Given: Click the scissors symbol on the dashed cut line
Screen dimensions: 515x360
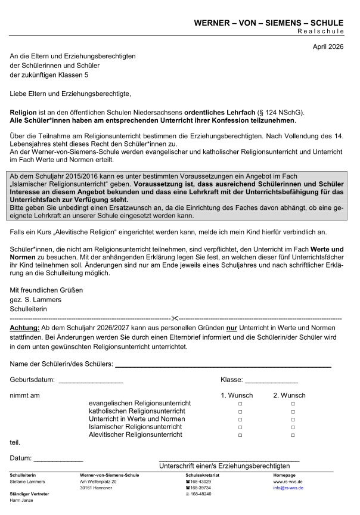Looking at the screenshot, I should click(175, 319).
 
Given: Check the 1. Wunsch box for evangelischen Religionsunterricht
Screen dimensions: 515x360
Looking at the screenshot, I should click(240, 404).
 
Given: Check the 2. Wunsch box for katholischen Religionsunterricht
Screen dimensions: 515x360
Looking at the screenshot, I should click(293, 412).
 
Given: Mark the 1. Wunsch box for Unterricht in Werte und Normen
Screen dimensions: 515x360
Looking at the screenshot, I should click(240, 420).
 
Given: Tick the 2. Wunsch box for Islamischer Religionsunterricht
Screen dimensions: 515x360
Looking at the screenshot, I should click(293, 427).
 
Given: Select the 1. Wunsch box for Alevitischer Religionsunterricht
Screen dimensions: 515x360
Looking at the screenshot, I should click(240, 436).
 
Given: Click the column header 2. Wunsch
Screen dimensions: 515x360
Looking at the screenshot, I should click(289, 395).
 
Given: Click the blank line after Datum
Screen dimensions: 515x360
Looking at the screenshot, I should click(58, 461).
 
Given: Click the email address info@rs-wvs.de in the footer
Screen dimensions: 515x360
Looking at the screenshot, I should click(288, 488).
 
